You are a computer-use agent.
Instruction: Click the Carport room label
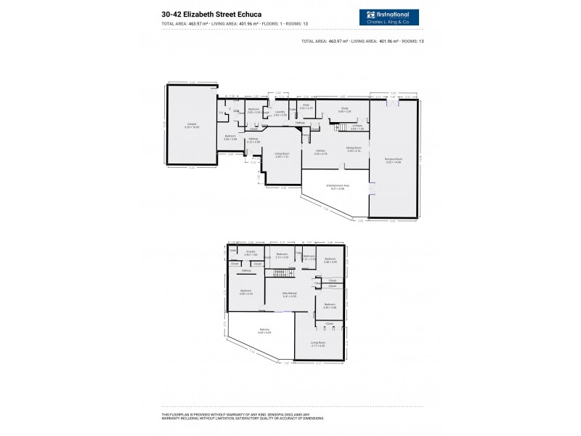point(192,124)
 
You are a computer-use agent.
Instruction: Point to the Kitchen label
point(320,151)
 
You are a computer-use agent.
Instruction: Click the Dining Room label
point(354,148)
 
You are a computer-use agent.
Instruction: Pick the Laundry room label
point(280,112)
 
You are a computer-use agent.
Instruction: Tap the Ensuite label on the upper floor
point(251,252)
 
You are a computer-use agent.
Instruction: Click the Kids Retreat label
point(290,294)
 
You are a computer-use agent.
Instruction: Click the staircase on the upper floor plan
point(283,272)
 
